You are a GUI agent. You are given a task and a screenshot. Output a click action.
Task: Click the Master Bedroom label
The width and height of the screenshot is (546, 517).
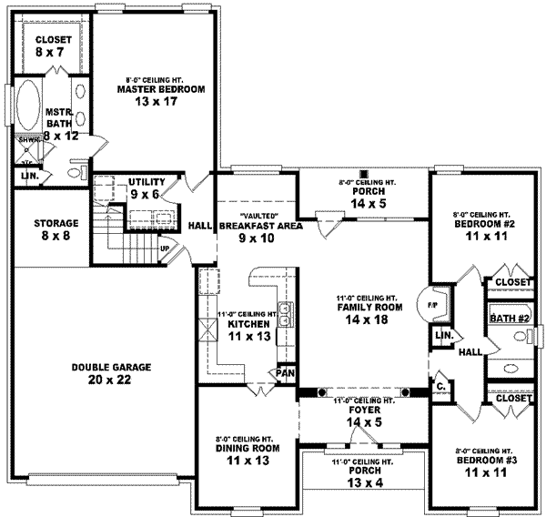point(160,89)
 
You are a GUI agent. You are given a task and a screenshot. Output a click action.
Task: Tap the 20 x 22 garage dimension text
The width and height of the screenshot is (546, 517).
point(112,380)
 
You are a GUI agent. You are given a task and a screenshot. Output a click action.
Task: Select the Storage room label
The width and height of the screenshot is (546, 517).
point(56,223)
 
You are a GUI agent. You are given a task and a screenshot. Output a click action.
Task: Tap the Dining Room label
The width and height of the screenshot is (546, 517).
point(247,449)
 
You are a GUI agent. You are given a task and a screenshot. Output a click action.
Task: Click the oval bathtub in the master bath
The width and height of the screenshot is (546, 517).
point(28,108)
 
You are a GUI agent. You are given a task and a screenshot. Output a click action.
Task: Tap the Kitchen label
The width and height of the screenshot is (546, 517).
point(247,324)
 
